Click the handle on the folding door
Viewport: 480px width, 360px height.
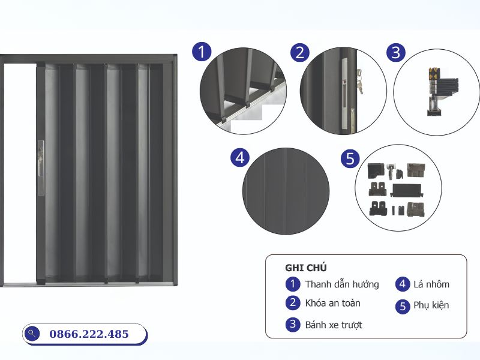pyautogui.click(x=41, y=167)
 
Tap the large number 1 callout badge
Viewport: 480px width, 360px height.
pyautogui.click(x=202, y=52)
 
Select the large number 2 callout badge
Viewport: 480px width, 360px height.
pyautogui.click(x=299, y=52)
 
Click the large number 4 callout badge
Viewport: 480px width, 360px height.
pyautogui.click(x=240, y=158)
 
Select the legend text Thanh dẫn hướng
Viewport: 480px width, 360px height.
pyautogui.click(x=341, y=284)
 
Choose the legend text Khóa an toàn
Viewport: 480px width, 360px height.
pyautogui.click(x=332, y=303)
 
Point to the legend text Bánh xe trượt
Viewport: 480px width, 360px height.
pyautogui.click(x=334, y=325)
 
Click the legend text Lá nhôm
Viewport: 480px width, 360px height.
pyautogui.click(x=431, y=284)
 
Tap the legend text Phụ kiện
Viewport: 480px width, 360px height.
pyautogui.click(x=431, y=305)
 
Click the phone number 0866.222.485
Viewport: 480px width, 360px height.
pyautogui.click(x=88, y=334)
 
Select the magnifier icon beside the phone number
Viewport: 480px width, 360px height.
pyautogui.click(x=33, y=334)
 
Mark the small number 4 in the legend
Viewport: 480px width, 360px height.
pyautogui.click(x=403, y=284)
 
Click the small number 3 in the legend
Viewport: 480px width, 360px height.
pyautogui.click(x=292, y=325)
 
